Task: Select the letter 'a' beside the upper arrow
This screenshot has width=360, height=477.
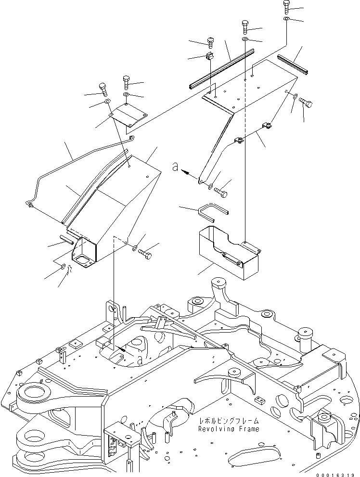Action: (176, 167)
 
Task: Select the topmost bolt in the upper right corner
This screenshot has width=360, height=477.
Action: (287, 6)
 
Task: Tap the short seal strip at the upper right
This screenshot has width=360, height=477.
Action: (293, 64)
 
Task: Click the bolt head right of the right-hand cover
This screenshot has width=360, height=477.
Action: (306, 103)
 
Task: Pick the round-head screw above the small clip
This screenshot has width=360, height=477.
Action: (210, 41)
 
